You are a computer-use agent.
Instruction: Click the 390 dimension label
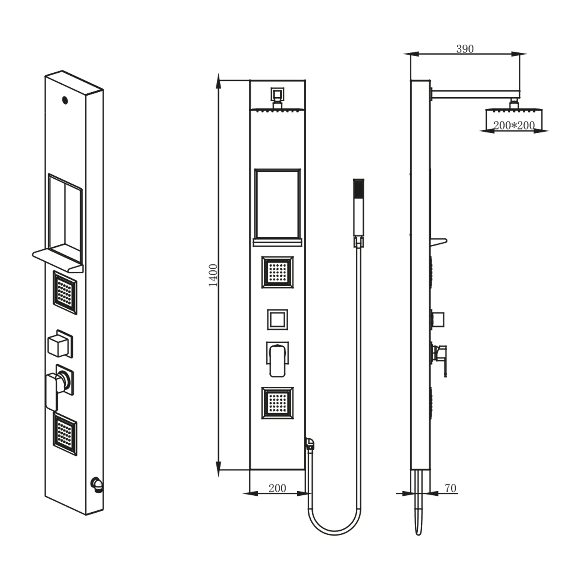[465, 49]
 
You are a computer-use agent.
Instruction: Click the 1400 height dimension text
[213, 275]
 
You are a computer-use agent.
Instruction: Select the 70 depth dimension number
[450, 488]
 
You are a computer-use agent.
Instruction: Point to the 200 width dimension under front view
[277, 488]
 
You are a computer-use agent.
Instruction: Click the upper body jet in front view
[278, 272]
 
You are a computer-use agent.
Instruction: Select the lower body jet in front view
[278, 403]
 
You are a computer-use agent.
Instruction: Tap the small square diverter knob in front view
[278, 320]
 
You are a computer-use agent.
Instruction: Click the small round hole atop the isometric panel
[65, 100]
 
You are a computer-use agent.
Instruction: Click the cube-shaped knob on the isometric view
[58, 346]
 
